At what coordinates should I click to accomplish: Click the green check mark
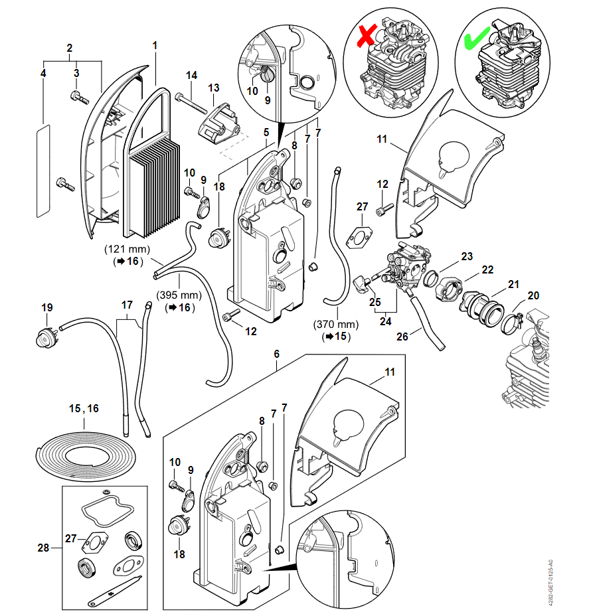click(478, 35)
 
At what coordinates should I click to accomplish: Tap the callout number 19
click(46, 307)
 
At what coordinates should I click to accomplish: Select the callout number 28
click(44, 548)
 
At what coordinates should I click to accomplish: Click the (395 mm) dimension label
click(178, 295)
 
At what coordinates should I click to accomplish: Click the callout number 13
click(214, 88)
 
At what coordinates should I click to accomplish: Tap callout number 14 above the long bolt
click(191, 75)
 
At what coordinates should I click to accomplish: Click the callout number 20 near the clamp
click(533, 295)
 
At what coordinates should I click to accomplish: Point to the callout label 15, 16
click(84, 408)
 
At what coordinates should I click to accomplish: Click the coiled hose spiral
click(84, 453)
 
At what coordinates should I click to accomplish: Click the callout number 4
click(43, 74)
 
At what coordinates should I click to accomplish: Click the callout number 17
click(126, 305)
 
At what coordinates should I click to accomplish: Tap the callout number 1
click(155, 46)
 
